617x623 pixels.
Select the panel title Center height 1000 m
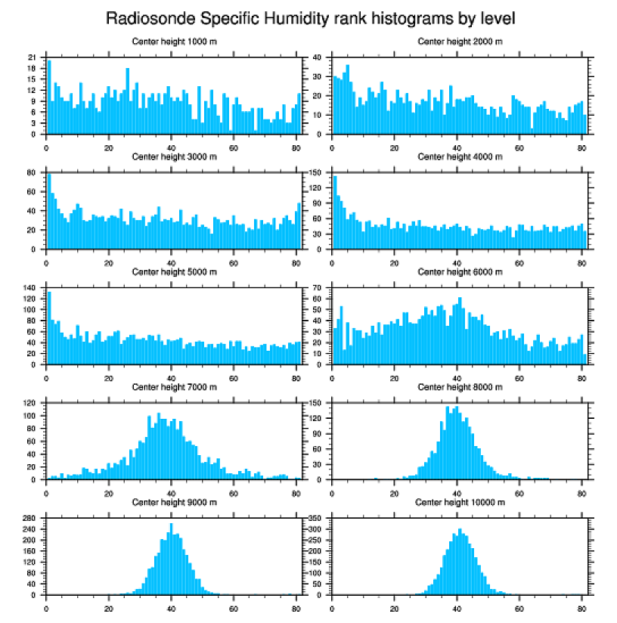(x=174, y=41)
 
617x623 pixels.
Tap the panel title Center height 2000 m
(x=460, y=41)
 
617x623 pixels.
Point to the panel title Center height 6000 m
(x=460, y=271)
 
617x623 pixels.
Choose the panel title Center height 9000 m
(x=174, y=502)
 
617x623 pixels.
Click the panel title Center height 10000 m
(x=460, y=502)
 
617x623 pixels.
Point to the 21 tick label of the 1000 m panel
(x=32, y=57)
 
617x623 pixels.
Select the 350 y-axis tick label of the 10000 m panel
(x=315, y=518)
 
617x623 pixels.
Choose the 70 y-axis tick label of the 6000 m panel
(x=318, y=288)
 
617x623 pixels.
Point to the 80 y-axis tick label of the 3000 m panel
(x=32, y=173)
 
